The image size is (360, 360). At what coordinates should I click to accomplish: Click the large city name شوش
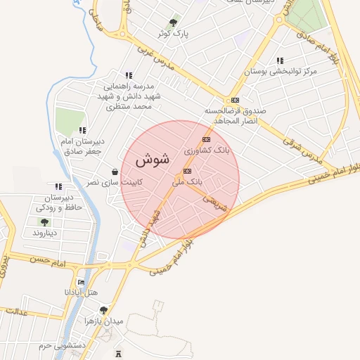(x=152, y=160)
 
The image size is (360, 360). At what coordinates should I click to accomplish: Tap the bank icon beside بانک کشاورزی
(x=206, y=139)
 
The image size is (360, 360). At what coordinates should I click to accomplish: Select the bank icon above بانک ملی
(x=186, y=171)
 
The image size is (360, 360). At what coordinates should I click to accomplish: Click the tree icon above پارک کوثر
(x=174, y=22)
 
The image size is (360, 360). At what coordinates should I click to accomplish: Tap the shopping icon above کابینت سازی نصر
(x=115, y=172)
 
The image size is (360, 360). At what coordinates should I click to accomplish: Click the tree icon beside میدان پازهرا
(x=103, y=310)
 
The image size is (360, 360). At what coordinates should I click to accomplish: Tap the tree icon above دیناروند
(x=44, y=222)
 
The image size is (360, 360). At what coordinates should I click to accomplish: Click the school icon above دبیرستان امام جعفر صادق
(x=83, y=130)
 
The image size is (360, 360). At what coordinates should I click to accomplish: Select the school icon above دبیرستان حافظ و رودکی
(x=58, y=186)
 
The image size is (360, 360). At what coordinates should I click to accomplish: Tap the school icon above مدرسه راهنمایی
(x=128, y=75)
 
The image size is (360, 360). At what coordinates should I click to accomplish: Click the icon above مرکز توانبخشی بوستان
(x=281, y=61)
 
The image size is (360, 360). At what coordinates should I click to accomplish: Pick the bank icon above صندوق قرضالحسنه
(x=235, y=100)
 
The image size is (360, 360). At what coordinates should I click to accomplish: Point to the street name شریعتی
(x=216, y=202)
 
